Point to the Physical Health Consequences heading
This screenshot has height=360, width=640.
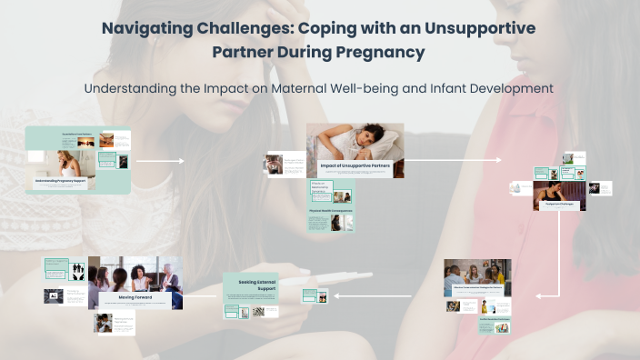click(x=329, y=211)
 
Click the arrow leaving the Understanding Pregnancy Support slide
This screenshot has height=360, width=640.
click(x=160, y=161)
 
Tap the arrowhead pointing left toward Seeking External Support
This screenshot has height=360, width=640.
click(x=335, y=295)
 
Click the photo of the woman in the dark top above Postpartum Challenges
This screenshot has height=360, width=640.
click(x=553, y=189)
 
